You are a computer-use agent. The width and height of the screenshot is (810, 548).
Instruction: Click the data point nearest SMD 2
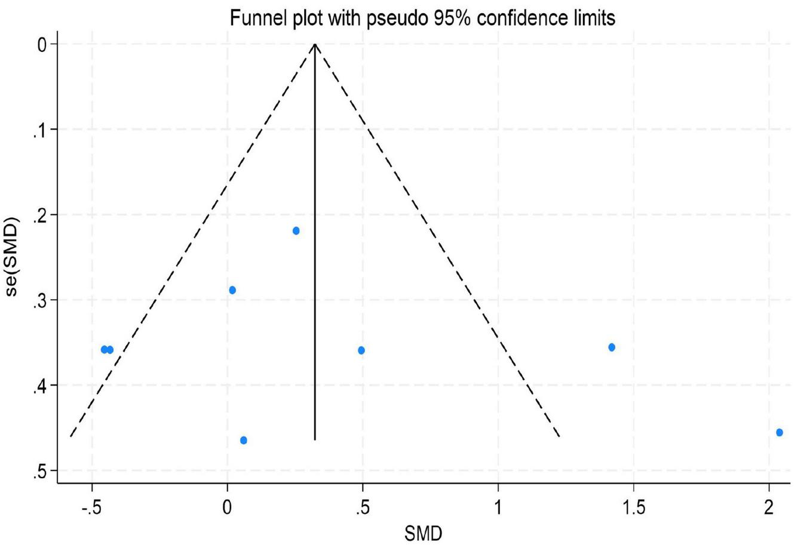tap(779, 432)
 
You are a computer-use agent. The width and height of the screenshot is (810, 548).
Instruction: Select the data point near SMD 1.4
tap(611, 347)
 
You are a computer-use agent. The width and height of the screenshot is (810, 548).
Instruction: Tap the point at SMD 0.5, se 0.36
tap(361, 350)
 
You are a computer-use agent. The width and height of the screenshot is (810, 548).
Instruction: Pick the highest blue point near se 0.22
tap(296, 230)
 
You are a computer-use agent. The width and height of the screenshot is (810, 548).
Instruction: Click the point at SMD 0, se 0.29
tap(232, 290)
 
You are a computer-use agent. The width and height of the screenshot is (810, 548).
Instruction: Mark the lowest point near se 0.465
tap(243, 440)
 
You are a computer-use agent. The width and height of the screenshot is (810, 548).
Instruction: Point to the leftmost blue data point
tap(104, 349)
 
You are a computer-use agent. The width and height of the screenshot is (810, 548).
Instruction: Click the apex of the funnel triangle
tap(315, 44)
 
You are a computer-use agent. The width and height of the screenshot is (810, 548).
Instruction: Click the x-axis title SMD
tap(424, 532)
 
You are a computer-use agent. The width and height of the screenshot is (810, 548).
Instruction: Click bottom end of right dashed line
tap(559, 436)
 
